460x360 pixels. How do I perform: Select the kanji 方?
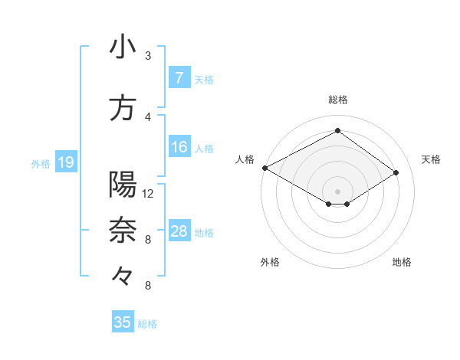pos(123,108)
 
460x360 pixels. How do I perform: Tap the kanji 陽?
pos(123,185)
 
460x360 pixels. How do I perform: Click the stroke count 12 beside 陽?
pos(148,194)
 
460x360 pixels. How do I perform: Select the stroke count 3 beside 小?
pos(148,56)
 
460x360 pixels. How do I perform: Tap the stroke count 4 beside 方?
pos(148,117)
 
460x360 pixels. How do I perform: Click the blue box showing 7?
pos(179,78)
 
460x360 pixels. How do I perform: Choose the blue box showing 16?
pos(179,147)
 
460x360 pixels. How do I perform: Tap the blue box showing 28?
pos(179,231)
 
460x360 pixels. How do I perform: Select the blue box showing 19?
pos(66,162)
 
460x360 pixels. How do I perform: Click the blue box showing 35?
pos(123,322)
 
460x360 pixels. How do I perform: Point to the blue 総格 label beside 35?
pos(148,324)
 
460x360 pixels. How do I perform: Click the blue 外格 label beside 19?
pos(41,163)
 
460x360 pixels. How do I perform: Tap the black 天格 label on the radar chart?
pos(432,159)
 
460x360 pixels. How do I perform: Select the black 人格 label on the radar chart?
pos(245,159)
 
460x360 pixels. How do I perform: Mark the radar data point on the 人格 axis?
pos(264,168)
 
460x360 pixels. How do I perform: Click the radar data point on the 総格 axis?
pos(337,131)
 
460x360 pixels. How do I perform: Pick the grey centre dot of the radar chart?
pos(337,191)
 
